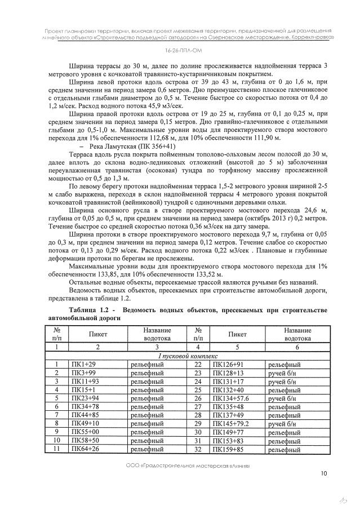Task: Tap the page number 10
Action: pos(323,473)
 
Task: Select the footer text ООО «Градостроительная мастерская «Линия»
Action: pos(179,467)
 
